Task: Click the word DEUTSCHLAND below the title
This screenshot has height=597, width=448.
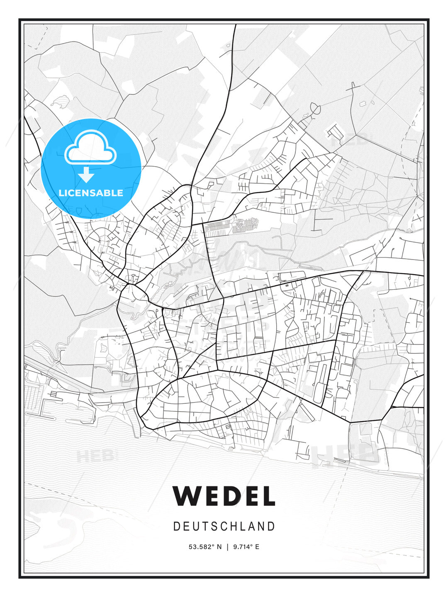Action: (x=224, y=527)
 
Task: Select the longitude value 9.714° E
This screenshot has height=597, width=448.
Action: (x=246, y=547)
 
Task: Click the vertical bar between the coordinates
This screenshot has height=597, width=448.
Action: (x=227, y=547)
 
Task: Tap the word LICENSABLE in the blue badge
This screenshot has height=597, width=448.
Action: (x=91, y=193)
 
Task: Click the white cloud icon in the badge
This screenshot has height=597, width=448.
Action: (x=90, y=148)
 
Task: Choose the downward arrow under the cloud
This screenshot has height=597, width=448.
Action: (x=86, y=175)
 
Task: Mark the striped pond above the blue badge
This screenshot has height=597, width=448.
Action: (x=62, y=100)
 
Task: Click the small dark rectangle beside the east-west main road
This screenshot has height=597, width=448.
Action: (x=286, y=285)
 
